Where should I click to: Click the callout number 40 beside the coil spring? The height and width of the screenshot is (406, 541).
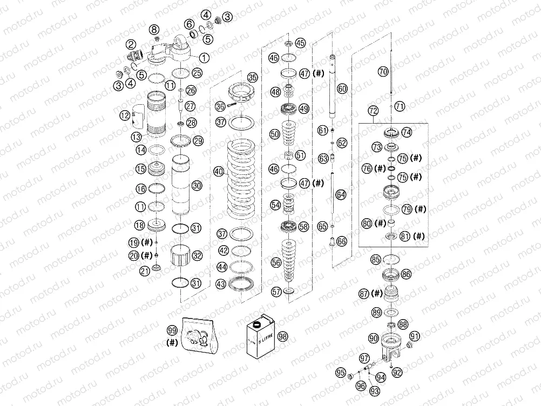pos(218,172)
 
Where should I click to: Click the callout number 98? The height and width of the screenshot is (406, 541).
pos(282,336)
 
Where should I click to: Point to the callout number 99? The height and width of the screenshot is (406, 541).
pos(172,330)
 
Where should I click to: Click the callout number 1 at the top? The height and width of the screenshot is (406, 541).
pos(204,57)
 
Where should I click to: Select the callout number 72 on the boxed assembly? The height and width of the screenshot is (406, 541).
pos(372,111)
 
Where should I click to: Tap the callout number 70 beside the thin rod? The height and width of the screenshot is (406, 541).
pos(383,71)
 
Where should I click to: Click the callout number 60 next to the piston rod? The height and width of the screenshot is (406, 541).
pos(342,87)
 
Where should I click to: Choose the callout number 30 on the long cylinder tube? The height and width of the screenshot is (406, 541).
pos(197,185)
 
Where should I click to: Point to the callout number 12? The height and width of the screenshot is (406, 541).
pos(124,115)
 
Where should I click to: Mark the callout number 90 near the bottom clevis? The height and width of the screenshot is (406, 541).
pos(373,337)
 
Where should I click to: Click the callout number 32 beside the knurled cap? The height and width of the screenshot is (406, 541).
pos(197,255)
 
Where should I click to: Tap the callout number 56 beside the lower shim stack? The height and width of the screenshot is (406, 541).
pos(276,262)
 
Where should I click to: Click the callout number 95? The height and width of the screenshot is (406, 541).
pos(340,372)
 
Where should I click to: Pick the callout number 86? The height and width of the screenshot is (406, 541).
pos(406,274)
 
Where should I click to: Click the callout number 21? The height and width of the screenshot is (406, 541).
pos(144,270)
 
